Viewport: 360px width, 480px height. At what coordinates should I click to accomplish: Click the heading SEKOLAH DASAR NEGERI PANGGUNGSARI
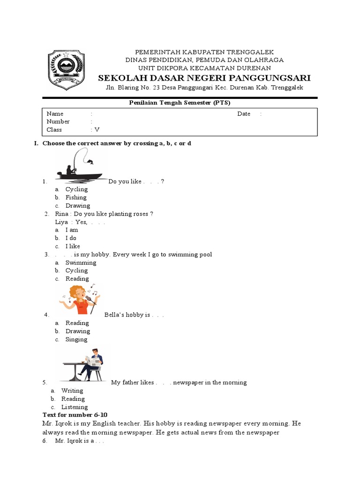[x=204, y=77]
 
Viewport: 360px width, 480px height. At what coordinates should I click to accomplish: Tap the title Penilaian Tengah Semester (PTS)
[x=180, y=103]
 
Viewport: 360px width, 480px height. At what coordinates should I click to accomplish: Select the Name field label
[x=55, y=114]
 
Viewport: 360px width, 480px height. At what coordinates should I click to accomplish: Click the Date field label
[x=244, y=114]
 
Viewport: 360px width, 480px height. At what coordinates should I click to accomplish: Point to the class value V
[x=97, y=130]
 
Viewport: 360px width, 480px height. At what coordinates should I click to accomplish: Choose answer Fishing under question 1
[x=76, y=197]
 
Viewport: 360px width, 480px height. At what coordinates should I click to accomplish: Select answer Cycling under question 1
[x=76, y=189]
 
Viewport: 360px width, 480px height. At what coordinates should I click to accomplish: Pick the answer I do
[x=71, y=238]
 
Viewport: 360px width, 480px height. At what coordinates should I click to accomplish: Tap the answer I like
[x=73, y=246]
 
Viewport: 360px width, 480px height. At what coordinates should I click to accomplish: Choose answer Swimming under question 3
[x=81, y=262]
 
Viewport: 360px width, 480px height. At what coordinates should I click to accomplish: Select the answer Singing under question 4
[x=76, y=339]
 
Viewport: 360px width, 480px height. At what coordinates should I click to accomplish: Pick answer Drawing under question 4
[x=78, y=331]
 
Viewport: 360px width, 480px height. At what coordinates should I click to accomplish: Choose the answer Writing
[x=72, y=390]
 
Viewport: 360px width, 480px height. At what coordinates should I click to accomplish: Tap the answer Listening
[x=75, y=407]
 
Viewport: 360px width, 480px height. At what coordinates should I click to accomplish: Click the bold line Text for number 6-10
[x=75, y=415]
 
